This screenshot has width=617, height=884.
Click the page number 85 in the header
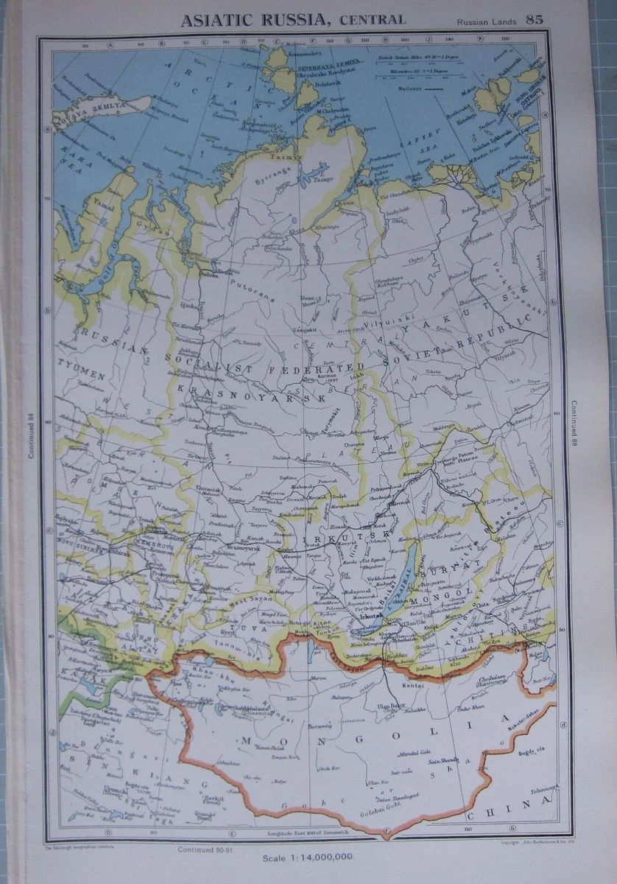(x=534, y=19)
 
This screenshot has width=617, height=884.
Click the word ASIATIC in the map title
(x=216, y=20)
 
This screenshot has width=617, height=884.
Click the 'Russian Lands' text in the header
(x=485, y=21)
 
